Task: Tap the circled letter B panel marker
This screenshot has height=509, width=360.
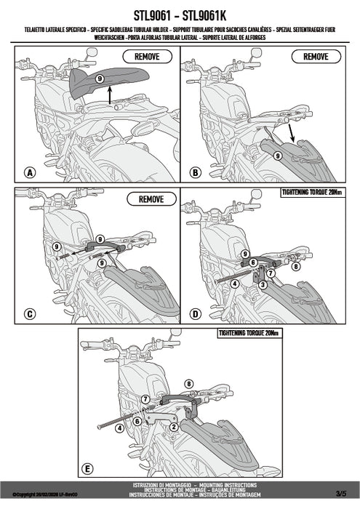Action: (195, 172)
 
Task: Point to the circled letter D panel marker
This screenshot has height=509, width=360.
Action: (195, 314)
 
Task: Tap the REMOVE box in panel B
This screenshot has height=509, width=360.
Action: (315, 56)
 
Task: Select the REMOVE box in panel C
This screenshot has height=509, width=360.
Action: (151, 198)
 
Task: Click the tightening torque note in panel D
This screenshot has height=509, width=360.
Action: (311, 192)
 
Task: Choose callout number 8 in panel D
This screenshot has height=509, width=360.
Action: (296, 267)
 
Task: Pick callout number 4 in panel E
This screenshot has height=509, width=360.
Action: (117, 428)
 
